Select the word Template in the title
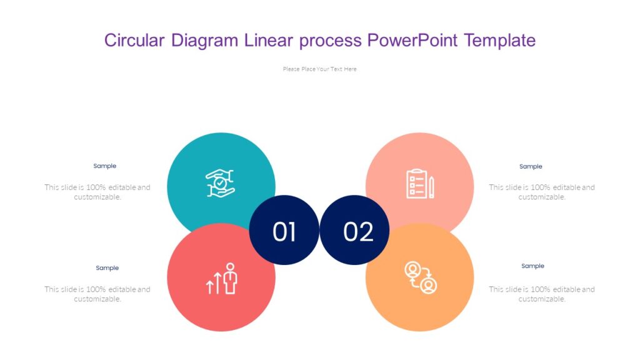pos(499,41)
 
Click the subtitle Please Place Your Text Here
pos(319,69)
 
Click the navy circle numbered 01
pos(284,231)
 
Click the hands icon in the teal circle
pos(221,183)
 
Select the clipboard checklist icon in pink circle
pos(416,184)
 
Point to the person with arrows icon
pos(222,279)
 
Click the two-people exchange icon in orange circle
pos(421,277)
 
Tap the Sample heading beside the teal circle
pos(105,166)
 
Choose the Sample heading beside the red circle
pos(107,268)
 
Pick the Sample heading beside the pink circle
pos(531,167)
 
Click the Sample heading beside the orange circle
pos(532,266)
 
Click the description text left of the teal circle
pos(97,192)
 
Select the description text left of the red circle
pos(97,294)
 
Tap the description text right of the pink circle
pos(542,192)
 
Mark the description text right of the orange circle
pos(542,294)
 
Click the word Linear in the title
pos(269,41)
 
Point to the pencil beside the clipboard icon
pos(431,187)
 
